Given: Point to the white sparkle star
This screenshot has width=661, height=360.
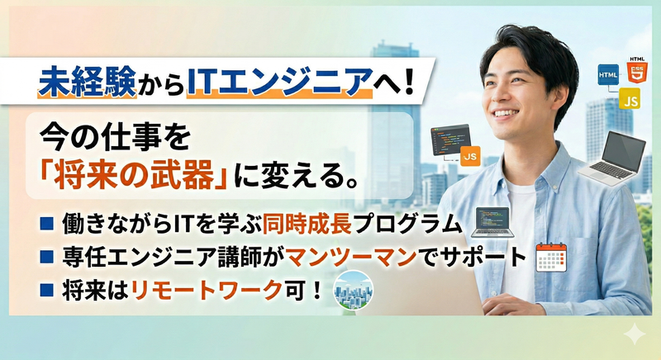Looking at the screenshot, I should pyautogui.click(x=634, y=334).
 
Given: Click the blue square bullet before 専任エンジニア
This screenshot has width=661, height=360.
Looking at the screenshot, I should pyautogui.click(x=47, y=258).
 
